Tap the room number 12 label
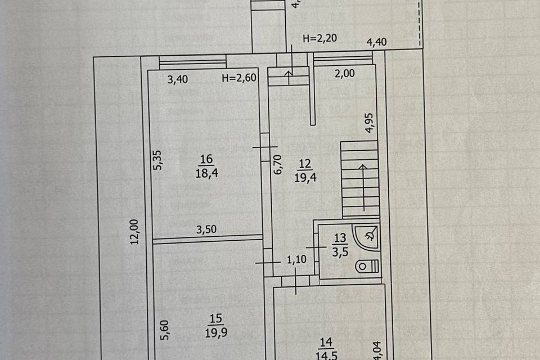(x=304, y=165)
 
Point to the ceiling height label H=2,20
(x=319, y=39)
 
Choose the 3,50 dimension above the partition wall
(x=206, y=229)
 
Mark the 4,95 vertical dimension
(x=370, y=123)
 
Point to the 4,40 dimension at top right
(x=377, y=42)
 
